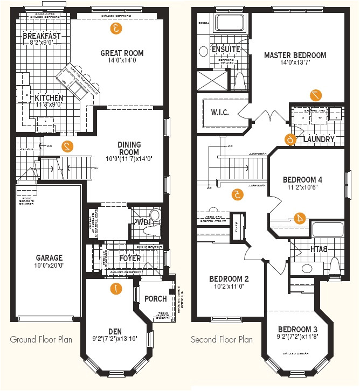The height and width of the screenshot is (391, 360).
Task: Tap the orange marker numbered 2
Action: point(67,145)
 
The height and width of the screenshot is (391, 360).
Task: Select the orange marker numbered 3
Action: point(115,29)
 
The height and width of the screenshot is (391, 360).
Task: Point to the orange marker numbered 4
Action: point(300,218)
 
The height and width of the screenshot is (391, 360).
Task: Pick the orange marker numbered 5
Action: point(236,194)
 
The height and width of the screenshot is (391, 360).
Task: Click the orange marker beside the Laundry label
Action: point(290,139)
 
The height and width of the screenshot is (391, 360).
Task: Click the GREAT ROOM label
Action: point(122,53)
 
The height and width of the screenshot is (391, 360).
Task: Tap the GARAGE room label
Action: point(49,258)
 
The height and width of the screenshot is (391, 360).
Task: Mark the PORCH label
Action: point(156,299)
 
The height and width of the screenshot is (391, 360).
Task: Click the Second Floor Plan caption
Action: point(222,340)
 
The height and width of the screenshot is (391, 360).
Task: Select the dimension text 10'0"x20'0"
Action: point(49,267)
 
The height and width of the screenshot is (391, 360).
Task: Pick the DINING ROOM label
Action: point(129,145)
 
